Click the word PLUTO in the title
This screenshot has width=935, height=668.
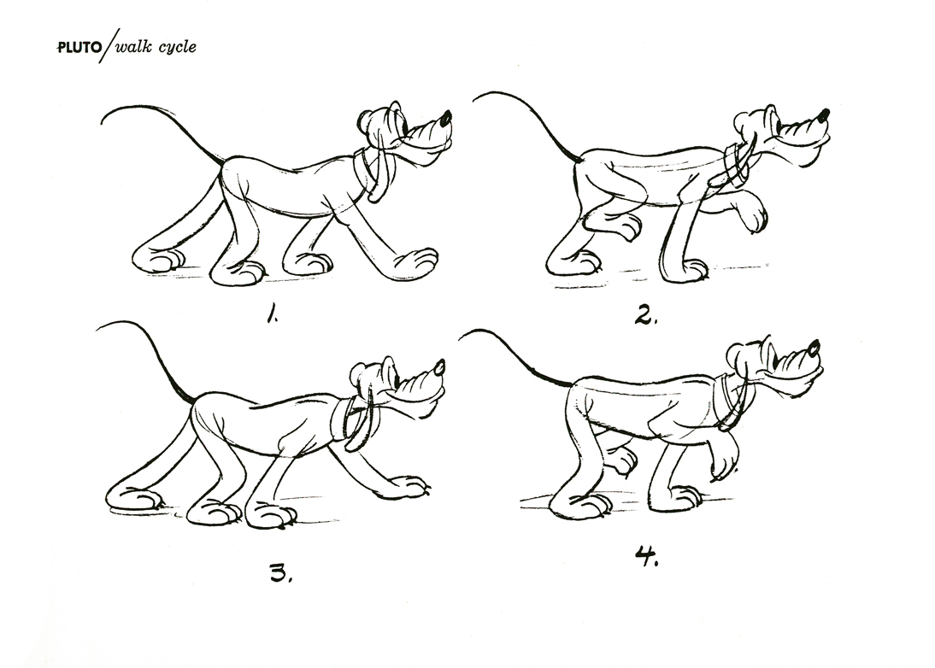[x=79, y=48]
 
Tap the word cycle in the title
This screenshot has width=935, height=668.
[x=177, y=47]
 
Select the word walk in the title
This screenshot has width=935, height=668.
[x=133, y=46]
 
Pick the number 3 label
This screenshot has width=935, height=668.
[x=280, y=573]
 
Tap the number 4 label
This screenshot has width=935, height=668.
[x=646, y=557]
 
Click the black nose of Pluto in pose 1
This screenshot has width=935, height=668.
[x=446, y=117]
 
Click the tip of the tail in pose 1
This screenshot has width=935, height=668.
[x=102, y=124]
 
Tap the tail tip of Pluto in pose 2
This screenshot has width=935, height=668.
[x=475, y=99]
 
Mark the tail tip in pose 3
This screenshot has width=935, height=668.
[x=97, y=328]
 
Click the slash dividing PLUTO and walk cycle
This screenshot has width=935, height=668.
[x=110, y=45]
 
